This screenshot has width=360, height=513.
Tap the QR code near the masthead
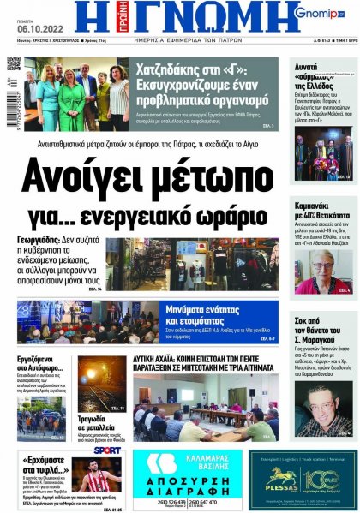click(x=14, y=63)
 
